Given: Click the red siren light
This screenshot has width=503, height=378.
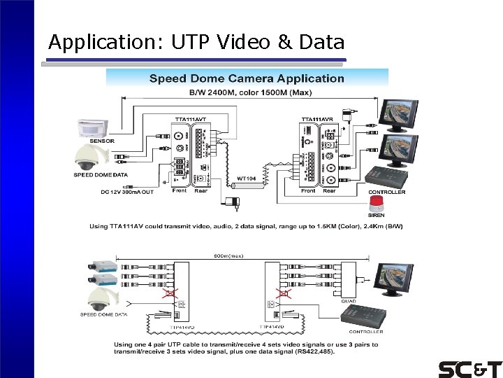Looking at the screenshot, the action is (376, 204).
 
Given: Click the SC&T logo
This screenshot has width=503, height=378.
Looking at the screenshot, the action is (469, 368).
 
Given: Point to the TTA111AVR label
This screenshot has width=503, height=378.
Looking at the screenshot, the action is (316, 120).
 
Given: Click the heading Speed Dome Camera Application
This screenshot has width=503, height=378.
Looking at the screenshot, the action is (247, 78).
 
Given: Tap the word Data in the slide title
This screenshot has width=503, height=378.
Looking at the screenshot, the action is (321, 43).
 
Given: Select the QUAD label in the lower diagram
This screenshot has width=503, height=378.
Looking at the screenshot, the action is (349, 301).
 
